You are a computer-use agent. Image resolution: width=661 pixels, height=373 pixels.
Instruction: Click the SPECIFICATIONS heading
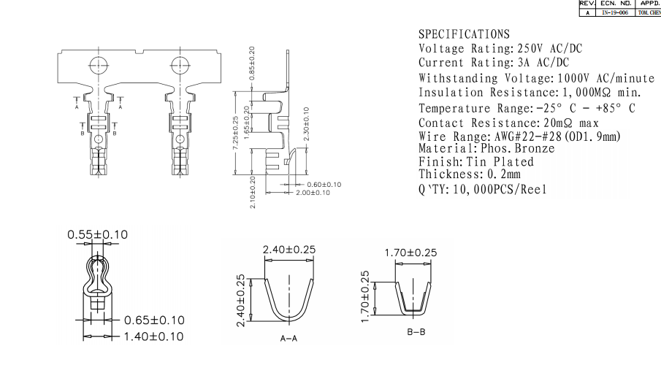click(x=464, y=35)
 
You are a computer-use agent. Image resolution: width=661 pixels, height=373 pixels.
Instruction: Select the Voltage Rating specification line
click(x=500, y=49)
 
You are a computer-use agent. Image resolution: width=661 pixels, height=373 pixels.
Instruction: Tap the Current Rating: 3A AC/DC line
click(x=493, y=64)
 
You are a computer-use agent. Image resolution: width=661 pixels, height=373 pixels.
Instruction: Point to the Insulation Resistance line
click(x=530, y=93)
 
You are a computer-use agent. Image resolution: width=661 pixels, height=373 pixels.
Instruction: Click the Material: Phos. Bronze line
click(x=486, y=148)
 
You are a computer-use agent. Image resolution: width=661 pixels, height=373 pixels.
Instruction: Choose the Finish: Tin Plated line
click(x=475, y=161)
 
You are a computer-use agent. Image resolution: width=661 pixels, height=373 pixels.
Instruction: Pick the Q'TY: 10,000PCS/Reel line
click(x=482, y=190)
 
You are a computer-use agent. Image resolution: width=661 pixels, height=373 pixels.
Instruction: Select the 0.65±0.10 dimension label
click(x=154, y=320)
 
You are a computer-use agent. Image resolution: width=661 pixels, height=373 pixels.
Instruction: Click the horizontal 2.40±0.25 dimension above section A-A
click(x=289, y=250)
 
